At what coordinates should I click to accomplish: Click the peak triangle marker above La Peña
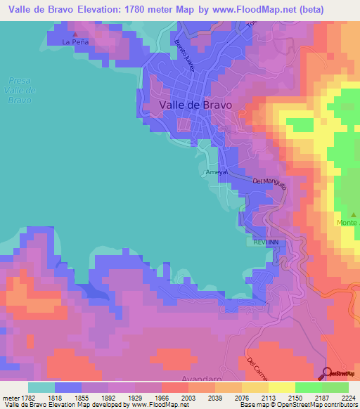[x=75, y=33]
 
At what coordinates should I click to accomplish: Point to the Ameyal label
[x=215, y=172]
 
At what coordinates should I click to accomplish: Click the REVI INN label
[x=267, y=241]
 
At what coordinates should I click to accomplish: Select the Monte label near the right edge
[x=347, y=223]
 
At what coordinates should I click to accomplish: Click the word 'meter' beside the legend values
[x=11, y=397]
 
